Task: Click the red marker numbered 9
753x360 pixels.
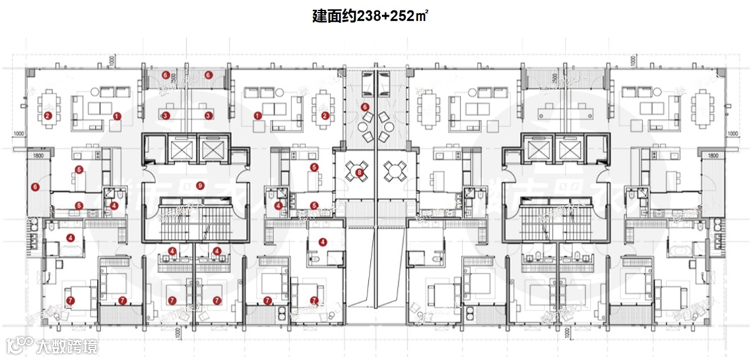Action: [x=200, y=185]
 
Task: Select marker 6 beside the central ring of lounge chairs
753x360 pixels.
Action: [x=365, y=106]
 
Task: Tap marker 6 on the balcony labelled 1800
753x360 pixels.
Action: [x=34, y=187]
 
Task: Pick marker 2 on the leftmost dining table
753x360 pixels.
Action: [x=47, y=116]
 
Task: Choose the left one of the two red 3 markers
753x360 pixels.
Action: [x=165, y=116]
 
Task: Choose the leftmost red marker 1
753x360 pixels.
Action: [x=117, y=116]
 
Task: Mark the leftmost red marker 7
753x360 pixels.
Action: [x=70, y=300]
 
